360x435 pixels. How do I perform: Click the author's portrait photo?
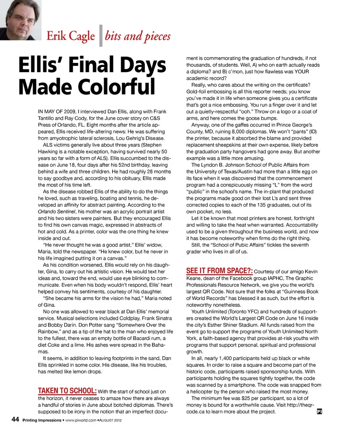click(x=20, y=19)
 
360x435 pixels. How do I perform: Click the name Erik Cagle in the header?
click(x=70, y=36)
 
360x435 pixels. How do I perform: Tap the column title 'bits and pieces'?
click(x=138, y=36)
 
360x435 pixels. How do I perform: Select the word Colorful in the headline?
click(x=119, y=87)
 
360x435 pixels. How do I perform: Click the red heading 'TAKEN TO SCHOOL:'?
click(x=67, y=391)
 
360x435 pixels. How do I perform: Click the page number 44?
click(x=15, y=420)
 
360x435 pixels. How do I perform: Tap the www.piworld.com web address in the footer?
click(x=80, y=420)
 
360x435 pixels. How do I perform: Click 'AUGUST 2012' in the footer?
click(x=111, y=420)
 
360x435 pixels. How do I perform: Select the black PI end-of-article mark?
click(x=320, y=411)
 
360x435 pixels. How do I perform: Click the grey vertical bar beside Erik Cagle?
click(x=100, y=36)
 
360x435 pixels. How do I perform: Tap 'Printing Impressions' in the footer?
click(x=42, y=420)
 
